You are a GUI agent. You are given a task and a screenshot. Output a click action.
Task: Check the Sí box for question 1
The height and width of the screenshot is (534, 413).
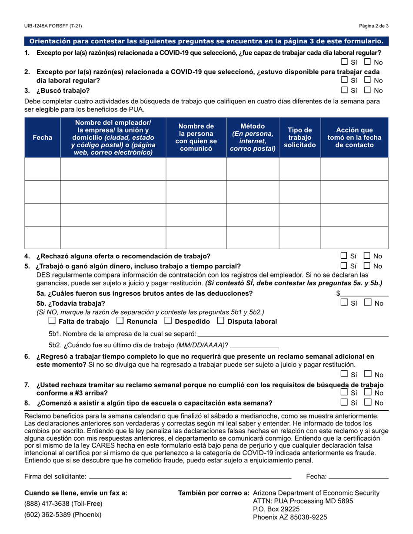pyautogui.click(x=344, y=62)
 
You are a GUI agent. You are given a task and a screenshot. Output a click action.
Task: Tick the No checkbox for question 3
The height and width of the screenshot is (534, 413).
pyautogui.click(x=367, y=90)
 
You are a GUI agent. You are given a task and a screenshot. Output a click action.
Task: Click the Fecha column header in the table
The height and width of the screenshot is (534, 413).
pyautogui.click(x=43, y=137)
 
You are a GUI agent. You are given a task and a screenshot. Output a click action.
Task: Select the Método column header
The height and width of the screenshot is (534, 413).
pyautogui.click(x=252, y=137)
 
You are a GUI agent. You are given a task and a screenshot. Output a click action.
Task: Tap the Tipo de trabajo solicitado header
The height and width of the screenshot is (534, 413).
pyautogui.click(x=300, y=137)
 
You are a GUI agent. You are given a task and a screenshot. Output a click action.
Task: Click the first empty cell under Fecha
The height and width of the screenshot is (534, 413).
pyautogui.click(x=43, y=169)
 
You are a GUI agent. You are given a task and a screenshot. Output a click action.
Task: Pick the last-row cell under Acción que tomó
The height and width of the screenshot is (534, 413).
pyautogui.click(x=354, y=237)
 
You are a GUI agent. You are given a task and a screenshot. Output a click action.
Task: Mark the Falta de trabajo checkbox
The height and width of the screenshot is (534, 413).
pyautogui.click(x=52, y=321)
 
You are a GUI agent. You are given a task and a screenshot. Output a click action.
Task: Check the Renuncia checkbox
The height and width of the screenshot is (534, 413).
pyautogui.click(x=120, y=321)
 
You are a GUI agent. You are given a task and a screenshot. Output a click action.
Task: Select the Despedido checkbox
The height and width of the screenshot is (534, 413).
pyautogui.click(x=168, y=321)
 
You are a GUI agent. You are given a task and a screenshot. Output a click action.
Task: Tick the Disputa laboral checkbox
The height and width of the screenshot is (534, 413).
pyautogui.click(x=220, y=321)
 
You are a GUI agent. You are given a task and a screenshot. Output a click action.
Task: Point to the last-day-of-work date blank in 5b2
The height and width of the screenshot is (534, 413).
pyautogui.click(x=254, y=346)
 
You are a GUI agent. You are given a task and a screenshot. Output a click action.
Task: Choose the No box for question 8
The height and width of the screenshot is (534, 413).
pyautogui.click(x=367, y=402)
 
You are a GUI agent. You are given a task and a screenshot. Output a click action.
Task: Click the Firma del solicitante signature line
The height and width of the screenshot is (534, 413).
pyautogui.click(x=190, y=476)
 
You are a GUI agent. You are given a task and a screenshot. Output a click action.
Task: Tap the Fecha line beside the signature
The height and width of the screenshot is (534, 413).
pyautogui.click(x=359, y=476)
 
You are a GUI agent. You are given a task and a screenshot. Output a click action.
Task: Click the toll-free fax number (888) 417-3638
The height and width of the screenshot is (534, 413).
pyautogui.click(x=63, y=504)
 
